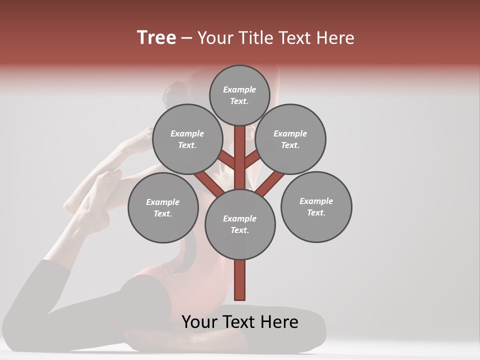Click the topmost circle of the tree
[239, 95]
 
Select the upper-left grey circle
[187, 139]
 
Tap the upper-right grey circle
[290, 139]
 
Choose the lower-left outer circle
[163, 207]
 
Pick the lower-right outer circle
[316, 206]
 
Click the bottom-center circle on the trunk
[240, 224]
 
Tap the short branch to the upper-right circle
[253, 159]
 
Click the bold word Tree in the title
[156, 37]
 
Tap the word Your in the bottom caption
[199, 322]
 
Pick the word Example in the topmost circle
[239, 89]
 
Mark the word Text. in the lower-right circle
[316, 212]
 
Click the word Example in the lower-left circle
[162, 202]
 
